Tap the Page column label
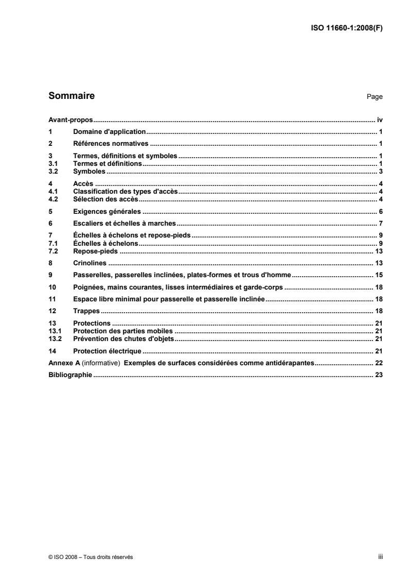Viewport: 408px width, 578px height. pyautogui.click(x=375, y=97)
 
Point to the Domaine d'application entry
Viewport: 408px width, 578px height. pyautogui.click(x=110, y=131)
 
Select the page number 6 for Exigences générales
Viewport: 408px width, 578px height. pyautogui.click(x=381, y=211)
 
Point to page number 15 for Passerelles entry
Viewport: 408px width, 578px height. pyautogui.click(x=379, y=275)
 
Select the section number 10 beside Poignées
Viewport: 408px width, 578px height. pyautogui.click(x=51, y=287)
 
